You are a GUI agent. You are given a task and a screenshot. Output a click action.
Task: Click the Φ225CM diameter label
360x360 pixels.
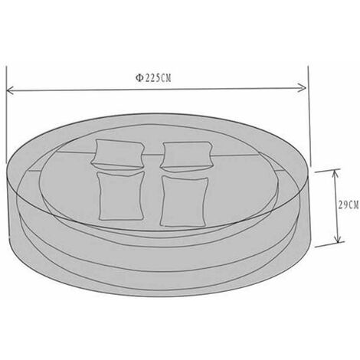point(153,78)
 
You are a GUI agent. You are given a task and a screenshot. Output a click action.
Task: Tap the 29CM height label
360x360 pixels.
point(349,205)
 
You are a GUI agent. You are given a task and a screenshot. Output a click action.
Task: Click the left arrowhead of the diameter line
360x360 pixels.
point(10,90)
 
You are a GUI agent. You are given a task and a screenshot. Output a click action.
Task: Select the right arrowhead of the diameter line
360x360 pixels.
point(303,88)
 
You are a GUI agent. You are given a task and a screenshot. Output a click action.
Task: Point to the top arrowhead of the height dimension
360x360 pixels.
point(335,174)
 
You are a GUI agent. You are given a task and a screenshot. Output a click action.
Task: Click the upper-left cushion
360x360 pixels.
point(117,154)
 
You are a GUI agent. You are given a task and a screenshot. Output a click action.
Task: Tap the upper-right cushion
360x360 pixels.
point(186,155)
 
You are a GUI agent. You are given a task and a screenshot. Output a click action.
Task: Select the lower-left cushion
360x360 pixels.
point(120,196)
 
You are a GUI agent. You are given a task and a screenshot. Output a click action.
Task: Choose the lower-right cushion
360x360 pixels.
point(184,201)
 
